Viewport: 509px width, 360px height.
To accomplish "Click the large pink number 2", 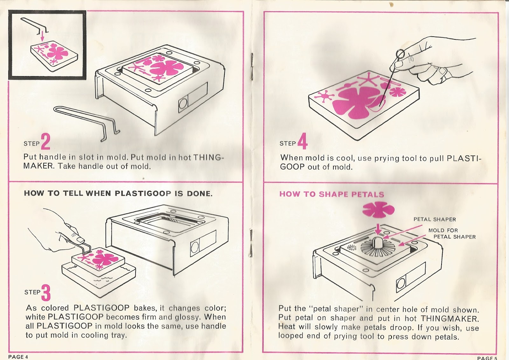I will pyautogui.click(x=45, y=142).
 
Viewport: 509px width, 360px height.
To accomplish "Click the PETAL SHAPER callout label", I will pyautogui.click(x=435, y=219).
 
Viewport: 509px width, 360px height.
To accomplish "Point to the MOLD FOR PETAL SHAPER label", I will pyautogui.click(x=452, y=234).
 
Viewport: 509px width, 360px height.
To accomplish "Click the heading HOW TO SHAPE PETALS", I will pyautogui.click(x=331, y=194).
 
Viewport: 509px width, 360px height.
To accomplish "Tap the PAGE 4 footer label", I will pyautogui.click(x=18, y=357).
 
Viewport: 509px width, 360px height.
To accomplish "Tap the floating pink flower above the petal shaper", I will pyautogui.click(x=378, y=210).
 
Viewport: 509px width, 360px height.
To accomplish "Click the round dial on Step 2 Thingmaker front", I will pyautogui.click(x=183, y=104).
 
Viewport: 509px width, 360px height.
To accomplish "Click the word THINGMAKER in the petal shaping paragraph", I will pyautogui.click(x=449, y=319).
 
